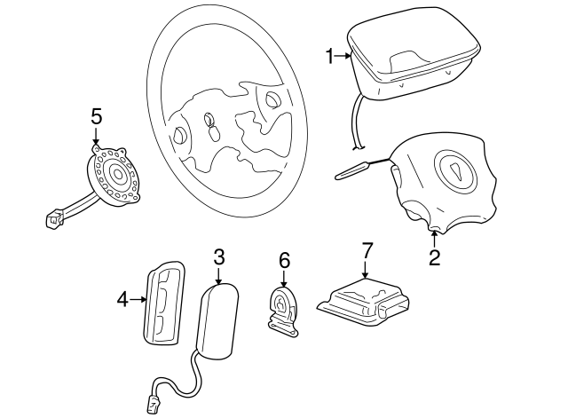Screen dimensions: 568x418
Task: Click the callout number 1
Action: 329,56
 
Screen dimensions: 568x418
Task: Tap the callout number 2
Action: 434,258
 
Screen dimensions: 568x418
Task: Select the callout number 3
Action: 219,256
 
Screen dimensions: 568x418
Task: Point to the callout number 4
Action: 122,300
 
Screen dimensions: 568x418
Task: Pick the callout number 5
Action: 97,116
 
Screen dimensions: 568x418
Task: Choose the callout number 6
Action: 284,260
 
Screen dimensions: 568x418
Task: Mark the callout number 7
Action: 367,250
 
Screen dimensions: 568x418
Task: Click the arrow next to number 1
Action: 343,56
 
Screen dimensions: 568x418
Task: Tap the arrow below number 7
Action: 365,269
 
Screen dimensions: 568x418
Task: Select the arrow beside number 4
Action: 138,299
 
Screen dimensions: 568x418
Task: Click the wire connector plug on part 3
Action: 153,404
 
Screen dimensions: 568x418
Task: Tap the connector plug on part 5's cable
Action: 53,219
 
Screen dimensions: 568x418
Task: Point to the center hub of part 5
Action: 118,175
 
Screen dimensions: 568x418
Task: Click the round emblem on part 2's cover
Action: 456,170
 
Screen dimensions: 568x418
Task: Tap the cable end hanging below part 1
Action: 358,147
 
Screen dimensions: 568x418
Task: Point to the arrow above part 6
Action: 284,278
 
